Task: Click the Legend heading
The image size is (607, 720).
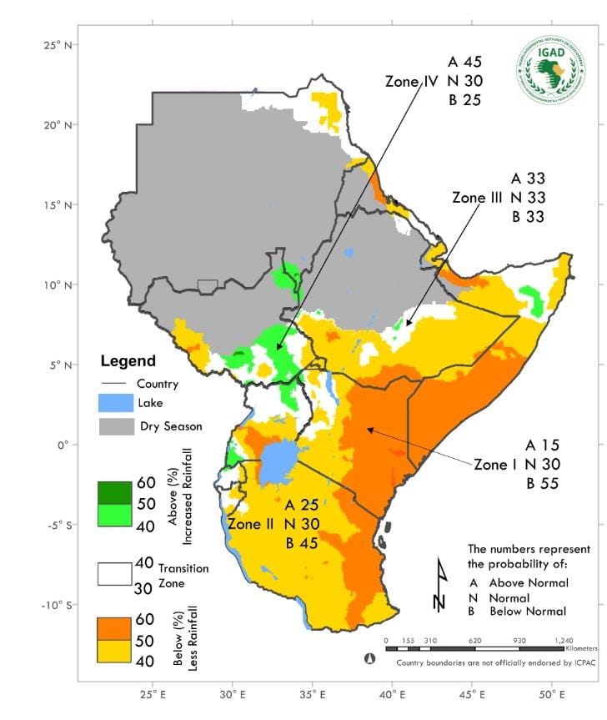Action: (x=128, y=361)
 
